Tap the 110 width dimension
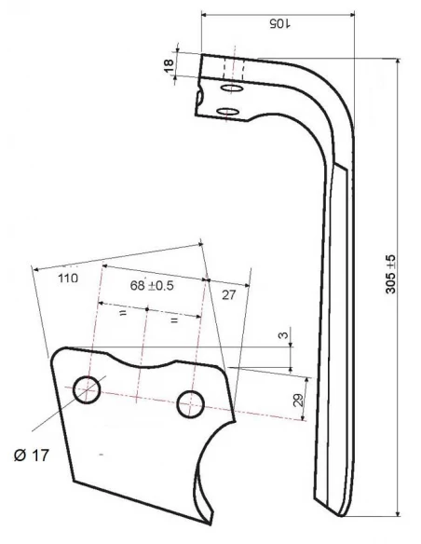tap(66, 278)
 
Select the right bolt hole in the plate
tap(191, 402)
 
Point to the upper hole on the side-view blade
tap(232, 87)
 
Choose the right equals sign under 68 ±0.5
tap(173, 321)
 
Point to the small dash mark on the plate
tap(101, 454)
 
